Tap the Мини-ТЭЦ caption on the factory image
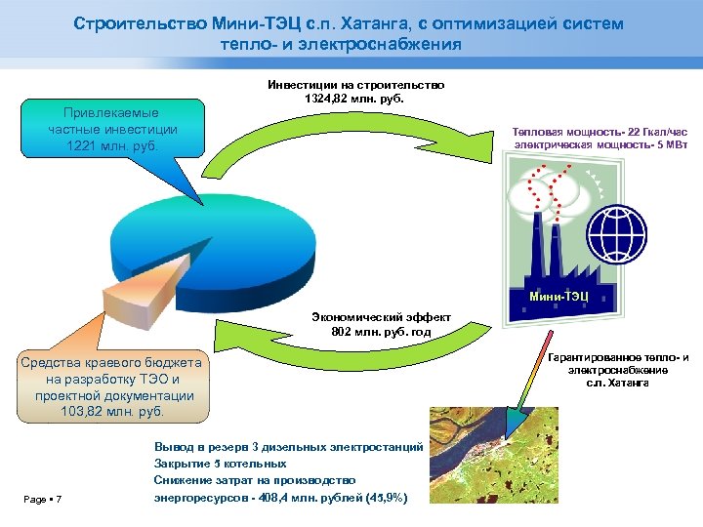pos(558,296)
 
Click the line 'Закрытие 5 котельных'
pos(221,463)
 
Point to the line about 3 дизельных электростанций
pos(288,446)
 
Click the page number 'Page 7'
pos(42,501)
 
